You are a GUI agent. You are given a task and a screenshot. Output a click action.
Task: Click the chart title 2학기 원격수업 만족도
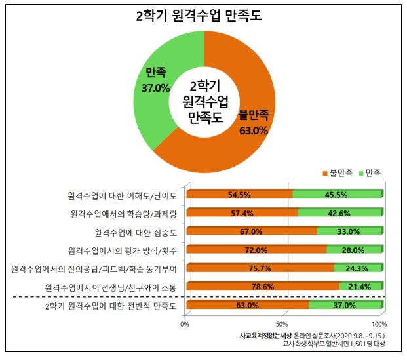(x=204, y=16)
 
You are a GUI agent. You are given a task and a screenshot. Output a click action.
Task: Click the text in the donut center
(x=204, y=102)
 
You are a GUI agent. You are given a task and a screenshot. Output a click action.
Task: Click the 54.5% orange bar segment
(x=240, y=195)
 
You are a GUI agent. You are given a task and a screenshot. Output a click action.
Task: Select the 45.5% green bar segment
(x=337, y=195)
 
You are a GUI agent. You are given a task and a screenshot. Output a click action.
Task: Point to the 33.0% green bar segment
(x=349, y=231)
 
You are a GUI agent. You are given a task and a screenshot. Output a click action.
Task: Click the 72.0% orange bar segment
(x=256, y=250)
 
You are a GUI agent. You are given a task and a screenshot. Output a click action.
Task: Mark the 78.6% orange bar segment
(x=263, y=287)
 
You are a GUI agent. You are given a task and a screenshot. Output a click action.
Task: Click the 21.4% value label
(x=359, y=287)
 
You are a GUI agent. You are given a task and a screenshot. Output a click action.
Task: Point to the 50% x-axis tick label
(x=283, y=324)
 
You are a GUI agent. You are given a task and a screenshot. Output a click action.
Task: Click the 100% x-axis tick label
(x=379, y=324)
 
